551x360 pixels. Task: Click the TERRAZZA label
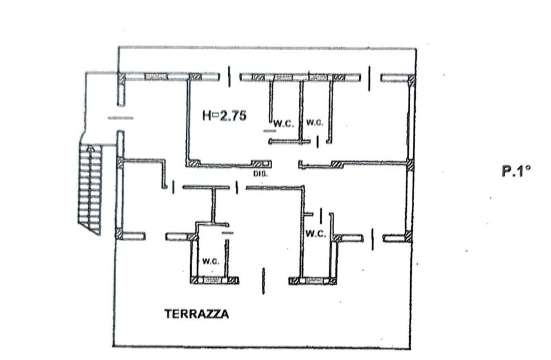coord(196,314)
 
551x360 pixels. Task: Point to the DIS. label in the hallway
coord(260,174)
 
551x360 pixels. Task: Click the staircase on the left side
coord(91,188)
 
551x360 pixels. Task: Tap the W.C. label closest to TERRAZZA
coord(210,261)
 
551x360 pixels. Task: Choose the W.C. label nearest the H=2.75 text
coord(283,124)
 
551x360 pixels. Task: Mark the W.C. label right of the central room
coord(316,234)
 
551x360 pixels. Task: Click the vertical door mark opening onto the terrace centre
coord(263,280)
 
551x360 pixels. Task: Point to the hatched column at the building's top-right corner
coord(411,80)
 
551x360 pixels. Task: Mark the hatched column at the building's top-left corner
coord(121,79)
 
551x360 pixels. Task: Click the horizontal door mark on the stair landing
coord(120,118)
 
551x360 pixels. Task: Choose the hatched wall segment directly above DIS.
coord(260,164)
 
